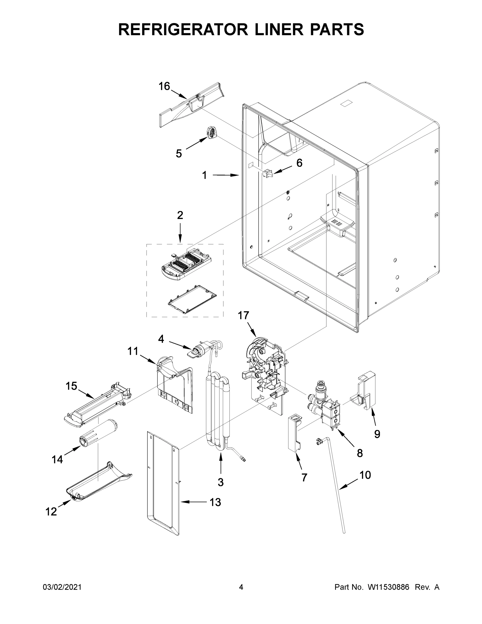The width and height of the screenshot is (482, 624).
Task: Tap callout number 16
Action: point(164,86)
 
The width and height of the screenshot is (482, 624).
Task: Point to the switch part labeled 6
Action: point(268,173)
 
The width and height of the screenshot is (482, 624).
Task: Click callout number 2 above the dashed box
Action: point(180,215)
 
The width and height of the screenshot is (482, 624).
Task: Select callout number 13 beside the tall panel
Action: point(215,502)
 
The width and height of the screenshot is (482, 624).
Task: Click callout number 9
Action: point(377,434)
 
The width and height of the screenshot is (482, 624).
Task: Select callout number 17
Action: point(243,315)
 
